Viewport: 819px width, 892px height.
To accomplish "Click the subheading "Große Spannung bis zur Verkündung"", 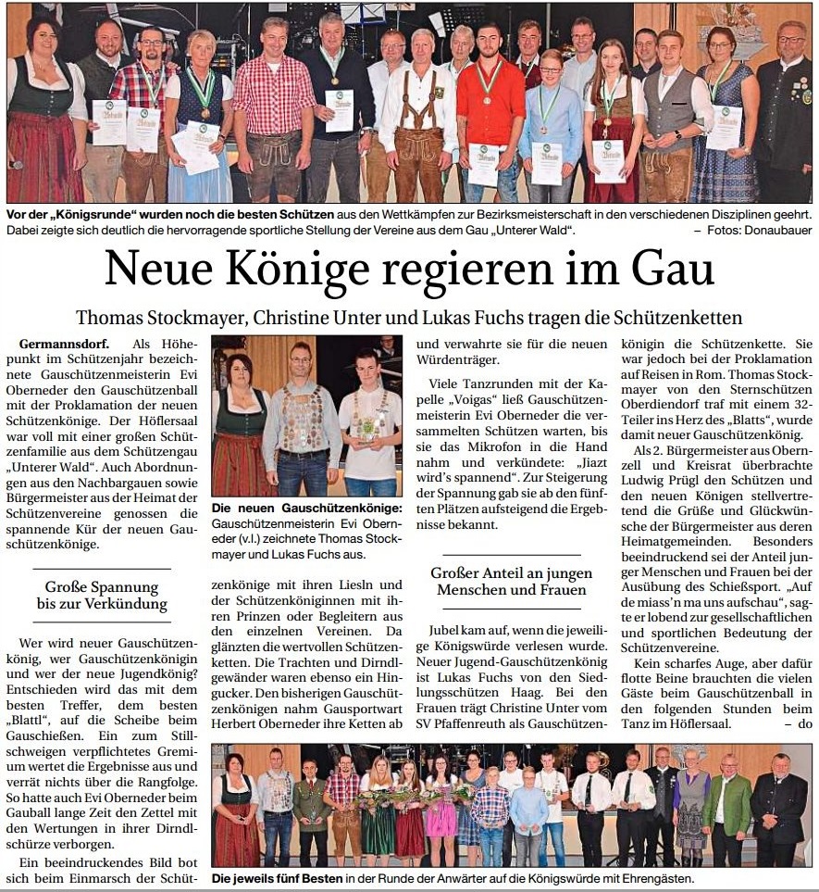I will tap(102, 596).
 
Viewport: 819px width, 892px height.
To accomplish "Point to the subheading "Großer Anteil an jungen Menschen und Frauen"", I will tap(512, 582).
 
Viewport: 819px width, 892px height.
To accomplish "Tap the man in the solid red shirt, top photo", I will tap(490, 107).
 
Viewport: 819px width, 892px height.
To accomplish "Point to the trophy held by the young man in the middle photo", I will tap(369, 427).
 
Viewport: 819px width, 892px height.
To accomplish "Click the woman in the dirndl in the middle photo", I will tap(239, 426).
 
